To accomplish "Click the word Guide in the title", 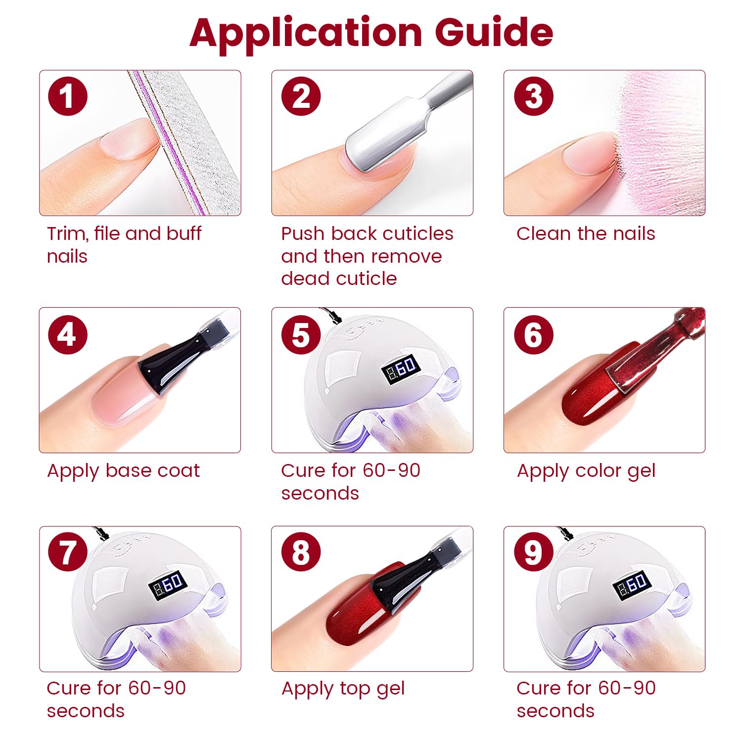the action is click(x=494, y=33).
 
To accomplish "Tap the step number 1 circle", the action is click(x=68, y=96).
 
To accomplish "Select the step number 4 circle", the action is click(x=68, y=334).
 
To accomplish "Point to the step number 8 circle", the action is click(x=301, y=552).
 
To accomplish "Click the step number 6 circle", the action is click(x=534, y=334).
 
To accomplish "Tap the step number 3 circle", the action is click(x=534, y=96).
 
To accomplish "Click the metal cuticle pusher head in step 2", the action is click(x=386, y=136).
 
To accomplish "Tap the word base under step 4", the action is click(x=130, y=470).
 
